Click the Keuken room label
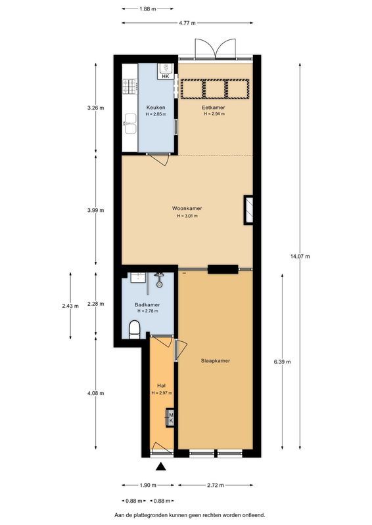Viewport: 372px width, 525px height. coord(156,108)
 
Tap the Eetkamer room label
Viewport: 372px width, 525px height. coord(214,108)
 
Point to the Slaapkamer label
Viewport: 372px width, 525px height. coord(215,360)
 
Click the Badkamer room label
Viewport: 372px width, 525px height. coord(147,305)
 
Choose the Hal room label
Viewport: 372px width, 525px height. coord(161,385)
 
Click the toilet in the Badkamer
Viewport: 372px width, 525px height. coord(134,328)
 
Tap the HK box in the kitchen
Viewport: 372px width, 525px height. coord(165,76)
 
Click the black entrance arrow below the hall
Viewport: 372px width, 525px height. coord(160,467)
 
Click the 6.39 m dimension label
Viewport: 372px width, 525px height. coord(283,362)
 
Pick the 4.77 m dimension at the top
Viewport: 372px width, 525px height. coord(187,24)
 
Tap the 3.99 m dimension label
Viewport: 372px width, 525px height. coord(96,211)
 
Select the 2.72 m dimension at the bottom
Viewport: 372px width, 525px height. coord(215,486)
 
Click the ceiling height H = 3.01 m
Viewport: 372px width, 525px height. coord(187,216)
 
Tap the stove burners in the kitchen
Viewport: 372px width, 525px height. coord(128,86)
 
